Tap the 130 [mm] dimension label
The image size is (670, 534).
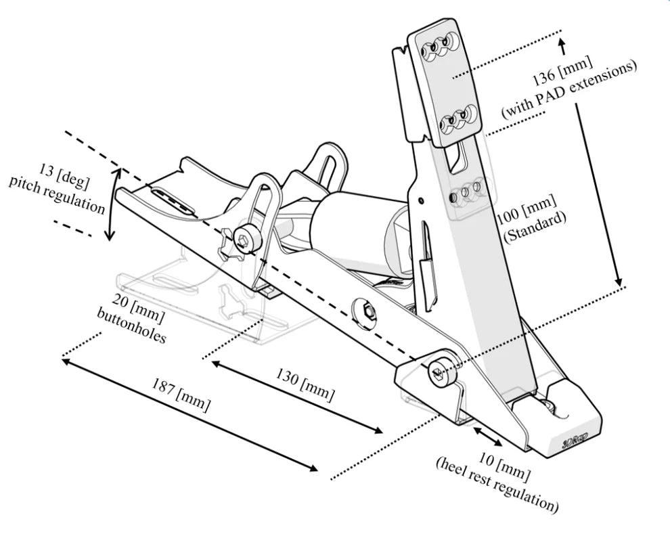click(305, 386)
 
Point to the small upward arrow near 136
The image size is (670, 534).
click(562, 47)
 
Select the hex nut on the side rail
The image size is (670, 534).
click(367, 311)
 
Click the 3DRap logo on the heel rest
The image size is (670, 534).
click(573, 441)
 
